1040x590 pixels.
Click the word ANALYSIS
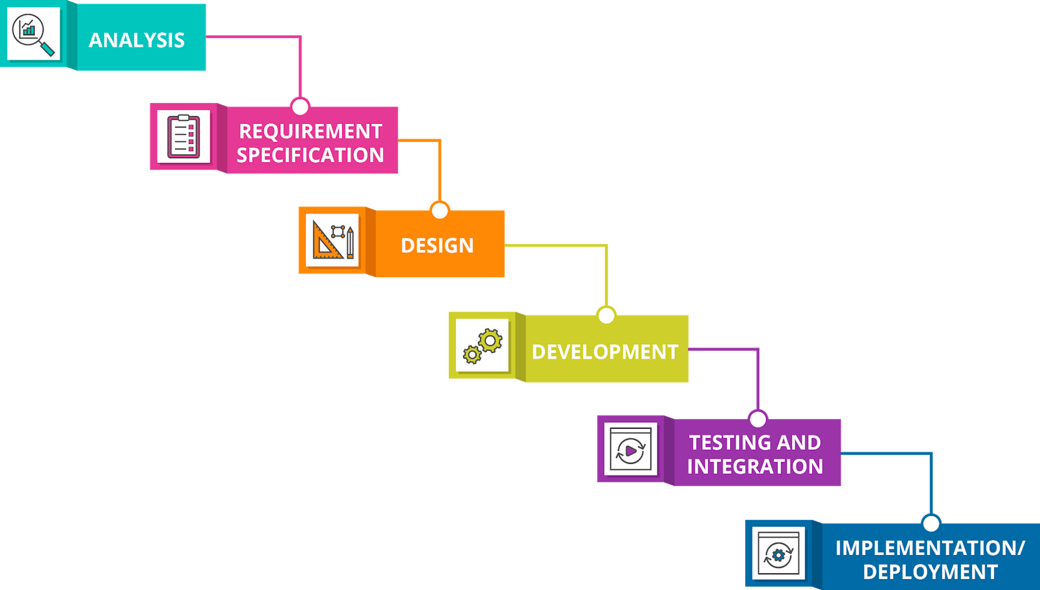coord(137,40)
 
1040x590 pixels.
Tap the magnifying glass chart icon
coord(33,34)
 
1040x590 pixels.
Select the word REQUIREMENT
coord(310,131)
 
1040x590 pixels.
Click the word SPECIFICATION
coord(310,155)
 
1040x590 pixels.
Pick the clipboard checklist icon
coord(184,136)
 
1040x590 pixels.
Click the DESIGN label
coord(437,246)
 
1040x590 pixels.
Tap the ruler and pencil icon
coord(333,240)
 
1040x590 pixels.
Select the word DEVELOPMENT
coord(605,352)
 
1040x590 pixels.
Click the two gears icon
coord(483,345)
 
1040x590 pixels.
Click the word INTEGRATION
coord(755,467)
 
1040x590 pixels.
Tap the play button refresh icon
coord(630,449)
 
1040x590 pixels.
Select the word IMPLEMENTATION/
coord(930,548)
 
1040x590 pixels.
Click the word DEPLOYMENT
coord(930,572)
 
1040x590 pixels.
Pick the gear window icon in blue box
coord(778,554)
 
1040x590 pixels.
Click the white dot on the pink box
coord(300,107)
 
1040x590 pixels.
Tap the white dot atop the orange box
coord(440,211)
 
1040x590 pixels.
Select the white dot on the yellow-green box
coord(606,315)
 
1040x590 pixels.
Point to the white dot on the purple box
coord(758,419)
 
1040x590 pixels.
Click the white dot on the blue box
coord(931,523)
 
